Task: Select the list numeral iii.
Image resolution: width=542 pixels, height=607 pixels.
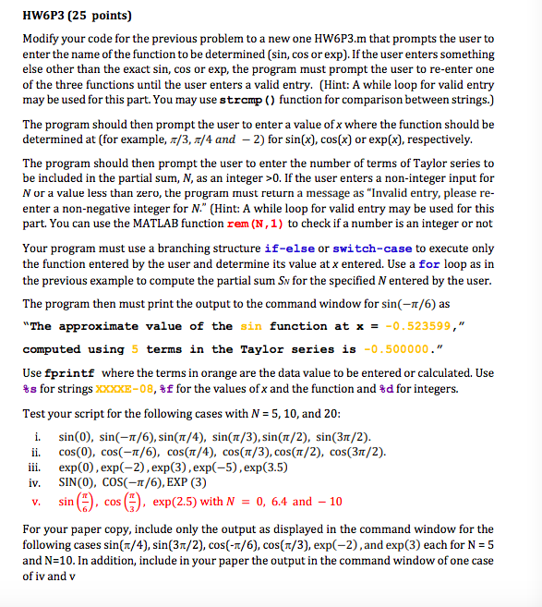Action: (35, 467)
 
